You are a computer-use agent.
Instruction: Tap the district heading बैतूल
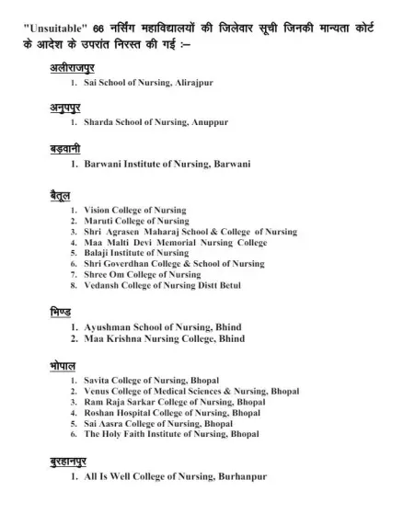[62, 196]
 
